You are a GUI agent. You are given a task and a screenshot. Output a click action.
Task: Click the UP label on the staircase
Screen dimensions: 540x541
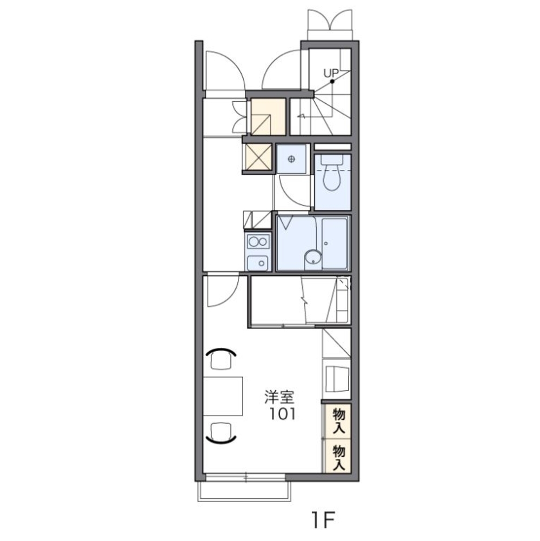pos(331,73)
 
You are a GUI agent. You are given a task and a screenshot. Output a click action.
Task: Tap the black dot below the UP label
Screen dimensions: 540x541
pos(332,82)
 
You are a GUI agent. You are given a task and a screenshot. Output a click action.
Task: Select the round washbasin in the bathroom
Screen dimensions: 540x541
pos(313,258)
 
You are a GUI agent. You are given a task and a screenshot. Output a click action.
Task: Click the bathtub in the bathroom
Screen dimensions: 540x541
pos(335,243)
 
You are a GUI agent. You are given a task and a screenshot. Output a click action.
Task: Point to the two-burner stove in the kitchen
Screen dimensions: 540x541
pos(258,241)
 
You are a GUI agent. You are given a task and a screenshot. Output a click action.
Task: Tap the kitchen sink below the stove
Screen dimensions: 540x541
pos(258,263)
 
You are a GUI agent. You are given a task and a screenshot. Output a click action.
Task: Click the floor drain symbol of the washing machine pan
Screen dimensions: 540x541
pos(292,159)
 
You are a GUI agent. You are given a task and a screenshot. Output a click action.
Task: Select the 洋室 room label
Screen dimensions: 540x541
pos(279,397)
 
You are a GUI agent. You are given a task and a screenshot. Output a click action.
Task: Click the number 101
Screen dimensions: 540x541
pos(282,414)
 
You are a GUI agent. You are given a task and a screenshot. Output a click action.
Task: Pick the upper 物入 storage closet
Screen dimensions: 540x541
pos(338,421)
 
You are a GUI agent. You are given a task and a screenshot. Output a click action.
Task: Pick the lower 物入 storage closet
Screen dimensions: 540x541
pos(338,456)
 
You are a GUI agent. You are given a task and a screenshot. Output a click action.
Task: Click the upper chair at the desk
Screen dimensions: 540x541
pos(221,359)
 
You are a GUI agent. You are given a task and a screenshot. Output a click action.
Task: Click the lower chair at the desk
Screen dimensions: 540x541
pos(221,432)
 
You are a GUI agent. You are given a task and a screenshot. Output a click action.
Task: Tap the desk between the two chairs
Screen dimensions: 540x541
pos(223,396)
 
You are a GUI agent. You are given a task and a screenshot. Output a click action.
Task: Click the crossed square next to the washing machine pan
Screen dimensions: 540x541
pos(259,157)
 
